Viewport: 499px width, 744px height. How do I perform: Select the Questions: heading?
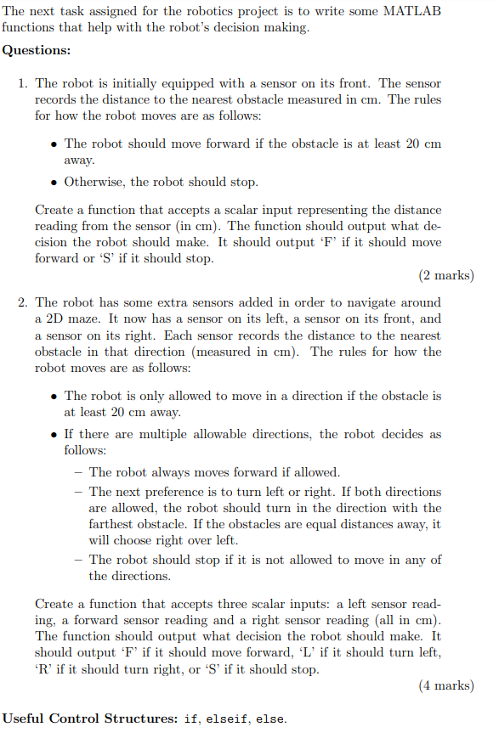tap(37, 50)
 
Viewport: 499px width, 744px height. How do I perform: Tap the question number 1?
tap(22, 83)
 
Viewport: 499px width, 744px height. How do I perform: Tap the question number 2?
tap(22, 302)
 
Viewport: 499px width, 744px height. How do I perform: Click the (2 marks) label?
tap(446, 275)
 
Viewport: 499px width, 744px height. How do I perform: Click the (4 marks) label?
tap(446, 685)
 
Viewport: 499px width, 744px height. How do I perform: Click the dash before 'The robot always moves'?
tap(78, 472)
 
